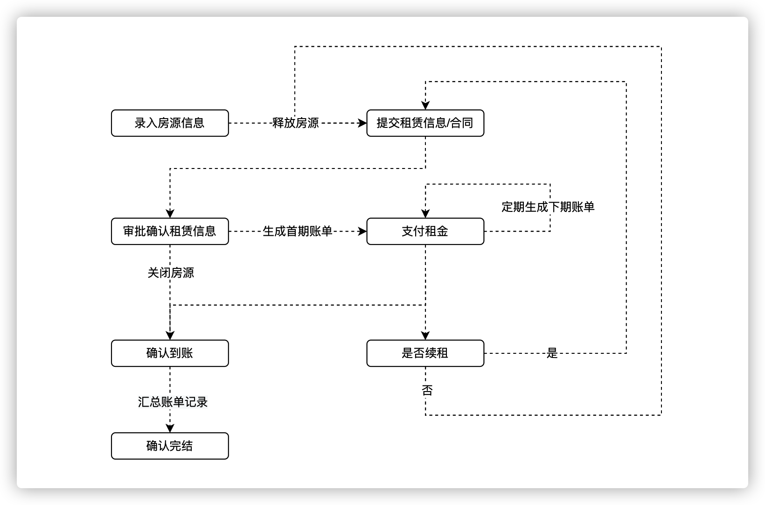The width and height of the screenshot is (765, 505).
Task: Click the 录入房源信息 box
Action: point(170,123)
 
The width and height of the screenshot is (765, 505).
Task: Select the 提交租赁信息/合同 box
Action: point(425,123)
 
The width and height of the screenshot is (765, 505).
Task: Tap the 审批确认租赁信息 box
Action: point(170,231)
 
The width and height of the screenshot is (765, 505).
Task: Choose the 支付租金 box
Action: point(425,231)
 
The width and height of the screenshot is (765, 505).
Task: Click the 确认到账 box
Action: point(170,353)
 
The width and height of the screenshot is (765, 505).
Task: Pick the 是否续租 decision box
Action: point(425,353)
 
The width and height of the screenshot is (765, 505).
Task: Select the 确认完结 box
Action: point(170,446)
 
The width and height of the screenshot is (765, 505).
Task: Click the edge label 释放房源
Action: point(295,123)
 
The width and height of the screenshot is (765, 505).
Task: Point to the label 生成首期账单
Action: point(298,231)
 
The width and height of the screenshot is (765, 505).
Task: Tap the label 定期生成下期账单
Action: point(548,207)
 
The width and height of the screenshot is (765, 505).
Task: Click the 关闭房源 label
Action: point(171,273)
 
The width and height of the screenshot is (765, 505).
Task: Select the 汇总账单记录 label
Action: point(173,402)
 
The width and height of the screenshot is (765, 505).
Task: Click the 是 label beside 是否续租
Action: point(552,353)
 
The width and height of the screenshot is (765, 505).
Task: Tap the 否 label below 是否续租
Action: point(427,390)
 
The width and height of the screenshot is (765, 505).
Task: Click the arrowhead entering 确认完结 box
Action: point(170,428)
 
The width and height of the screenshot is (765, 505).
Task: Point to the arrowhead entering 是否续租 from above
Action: point(425,336)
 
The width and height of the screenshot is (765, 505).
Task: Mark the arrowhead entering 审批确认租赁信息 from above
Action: point(170,214)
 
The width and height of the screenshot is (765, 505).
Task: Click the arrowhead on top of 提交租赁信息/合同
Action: point(425,105)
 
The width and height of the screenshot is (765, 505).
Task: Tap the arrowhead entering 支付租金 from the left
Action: point(362,231)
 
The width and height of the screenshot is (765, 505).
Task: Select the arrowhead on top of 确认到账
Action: point(170,336)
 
